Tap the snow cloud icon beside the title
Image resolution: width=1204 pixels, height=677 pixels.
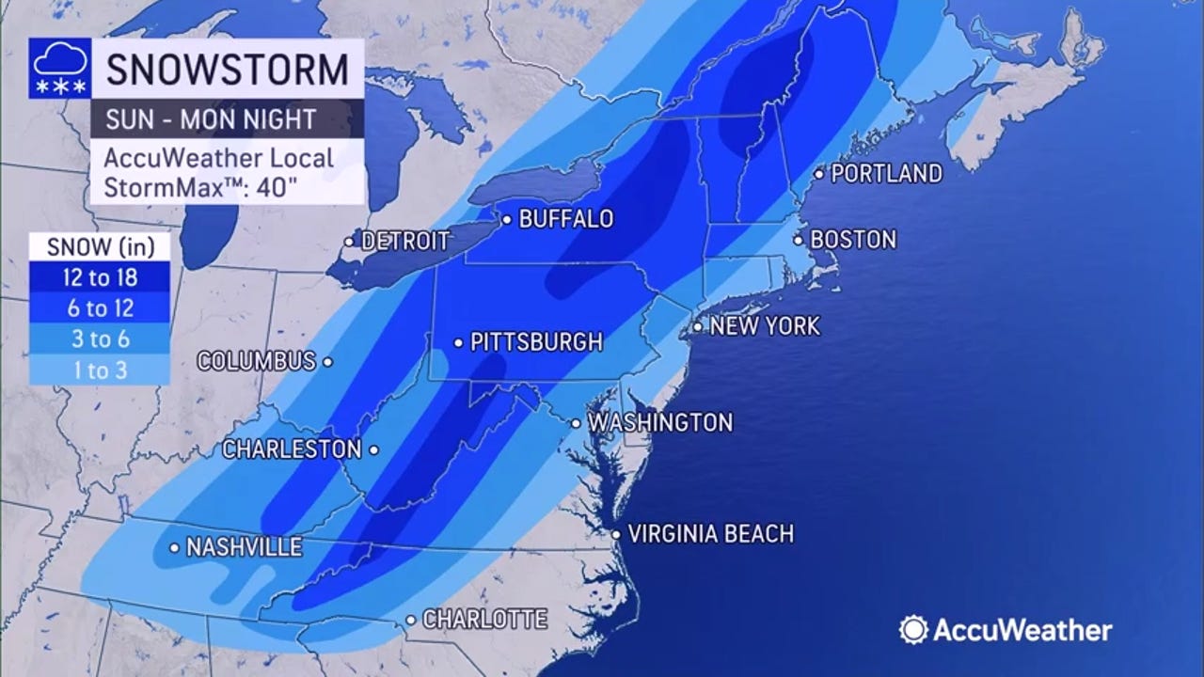pos(60,69)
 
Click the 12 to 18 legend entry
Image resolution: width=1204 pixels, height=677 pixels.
pos(99,277)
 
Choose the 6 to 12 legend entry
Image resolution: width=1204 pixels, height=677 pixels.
pos(99,308)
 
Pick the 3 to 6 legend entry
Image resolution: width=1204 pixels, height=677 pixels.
pos(99,339)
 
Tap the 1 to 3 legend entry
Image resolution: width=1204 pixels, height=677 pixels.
pos(99,370)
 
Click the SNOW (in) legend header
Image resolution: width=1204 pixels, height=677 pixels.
pos(99,246)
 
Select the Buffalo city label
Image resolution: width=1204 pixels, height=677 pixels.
pos(565,219)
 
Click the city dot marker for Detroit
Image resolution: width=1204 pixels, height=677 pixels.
pos(349,242)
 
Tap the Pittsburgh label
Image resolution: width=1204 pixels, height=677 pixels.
pos(535,342)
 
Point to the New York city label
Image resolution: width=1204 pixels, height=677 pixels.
pos(764,327)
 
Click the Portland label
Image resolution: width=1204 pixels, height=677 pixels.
pos(886,173)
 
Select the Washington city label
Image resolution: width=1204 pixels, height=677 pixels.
pos(659,423)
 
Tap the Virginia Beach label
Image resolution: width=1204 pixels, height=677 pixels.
pos(710,534)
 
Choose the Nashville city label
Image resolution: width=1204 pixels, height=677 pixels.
pos(244,546)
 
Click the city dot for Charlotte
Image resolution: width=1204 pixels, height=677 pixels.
pos(411,620)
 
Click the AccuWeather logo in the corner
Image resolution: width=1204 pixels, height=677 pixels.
pos(1006,630)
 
